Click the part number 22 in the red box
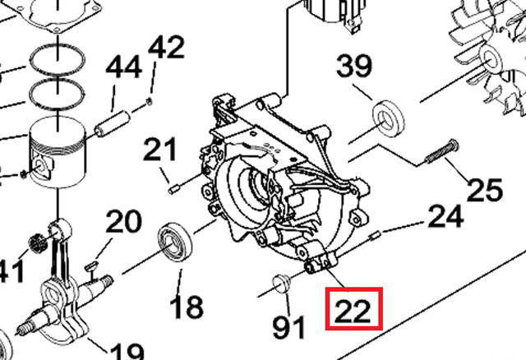tap(353, 310)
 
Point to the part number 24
tap(446, 216)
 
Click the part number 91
tap(288, 328)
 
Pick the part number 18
tap(187, 307)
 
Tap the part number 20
tap(123, 222)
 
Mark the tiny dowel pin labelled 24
tap(376, 235)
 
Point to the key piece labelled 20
tap(93, 262)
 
